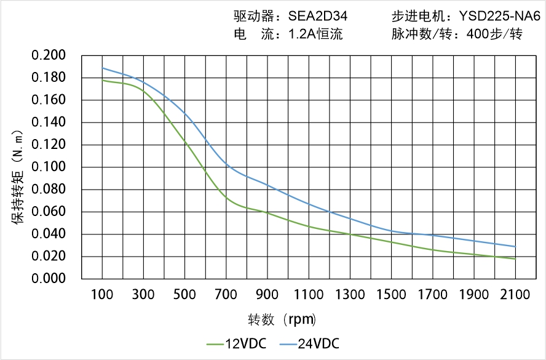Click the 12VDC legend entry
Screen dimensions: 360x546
[x=236, y=343]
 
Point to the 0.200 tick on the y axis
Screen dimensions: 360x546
[x=49, y=55]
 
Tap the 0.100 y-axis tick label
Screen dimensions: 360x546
[x=49, y=167]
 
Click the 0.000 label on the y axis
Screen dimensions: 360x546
[x=49, y=279]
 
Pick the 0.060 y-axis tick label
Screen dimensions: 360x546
[x=49, y=212]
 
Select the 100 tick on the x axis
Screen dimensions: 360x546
[x=102, y=295]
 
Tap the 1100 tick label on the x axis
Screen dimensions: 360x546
[x=309, y=295]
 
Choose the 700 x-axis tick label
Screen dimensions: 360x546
[x=226, y=295]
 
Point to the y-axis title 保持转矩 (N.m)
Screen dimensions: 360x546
[x=18, y=176]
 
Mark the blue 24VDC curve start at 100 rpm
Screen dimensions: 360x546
[x=102, y=68]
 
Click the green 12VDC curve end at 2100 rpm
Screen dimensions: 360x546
[x=515, y=259]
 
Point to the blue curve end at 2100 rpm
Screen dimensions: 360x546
[x=515, y=247]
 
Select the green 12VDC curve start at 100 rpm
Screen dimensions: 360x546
[x=102, y=80]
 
